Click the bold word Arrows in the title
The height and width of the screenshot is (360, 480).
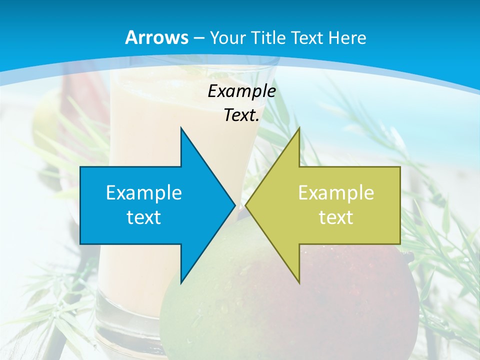point(157,37)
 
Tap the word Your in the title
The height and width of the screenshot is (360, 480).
point(226,38)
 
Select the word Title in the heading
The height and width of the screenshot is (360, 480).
point(268,38)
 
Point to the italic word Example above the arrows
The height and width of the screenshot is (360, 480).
point(241,91)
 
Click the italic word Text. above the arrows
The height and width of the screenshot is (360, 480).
point(241,115)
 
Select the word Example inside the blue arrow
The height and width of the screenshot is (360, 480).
point(144,192)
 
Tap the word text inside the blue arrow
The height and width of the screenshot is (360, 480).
point(144,217)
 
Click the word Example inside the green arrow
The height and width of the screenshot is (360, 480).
point(336,192)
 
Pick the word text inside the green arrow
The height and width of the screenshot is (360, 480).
point(336,217)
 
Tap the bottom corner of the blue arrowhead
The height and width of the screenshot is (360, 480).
point(181,282)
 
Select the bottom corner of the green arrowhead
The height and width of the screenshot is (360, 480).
point(299,282)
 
